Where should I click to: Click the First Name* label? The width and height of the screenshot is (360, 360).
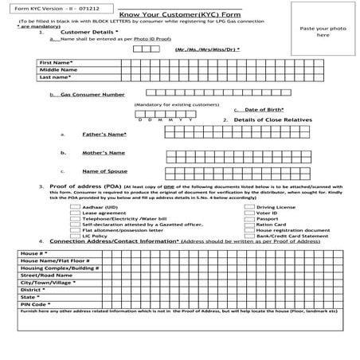click(x=56, y=61)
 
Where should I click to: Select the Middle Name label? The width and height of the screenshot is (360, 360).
click(x=56, y=69)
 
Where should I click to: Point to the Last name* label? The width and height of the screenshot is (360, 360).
click(x=55, y=77)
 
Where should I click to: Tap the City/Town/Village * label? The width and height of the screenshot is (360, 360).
click(x=48, y=282)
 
